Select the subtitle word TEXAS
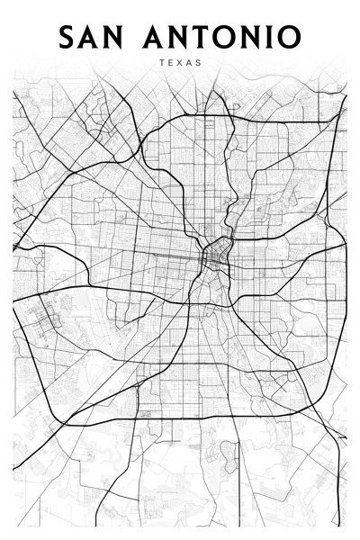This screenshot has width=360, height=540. [x=180, y=63]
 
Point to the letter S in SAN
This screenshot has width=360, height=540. [x=68, y=37]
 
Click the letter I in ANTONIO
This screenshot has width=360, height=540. [x=267, y=37]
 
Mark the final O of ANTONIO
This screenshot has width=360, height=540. [x=288, y=37]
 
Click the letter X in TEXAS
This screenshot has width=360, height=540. [x=180, y=63]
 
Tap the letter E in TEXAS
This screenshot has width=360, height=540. [x=170, y=63]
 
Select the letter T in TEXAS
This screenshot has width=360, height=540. [x=160, y=63]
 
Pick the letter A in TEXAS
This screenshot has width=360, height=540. [x=190, y=63]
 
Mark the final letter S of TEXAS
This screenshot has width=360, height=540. [x=200, y=63]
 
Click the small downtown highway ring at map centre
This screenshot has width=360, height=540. [x=217, y=256]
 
